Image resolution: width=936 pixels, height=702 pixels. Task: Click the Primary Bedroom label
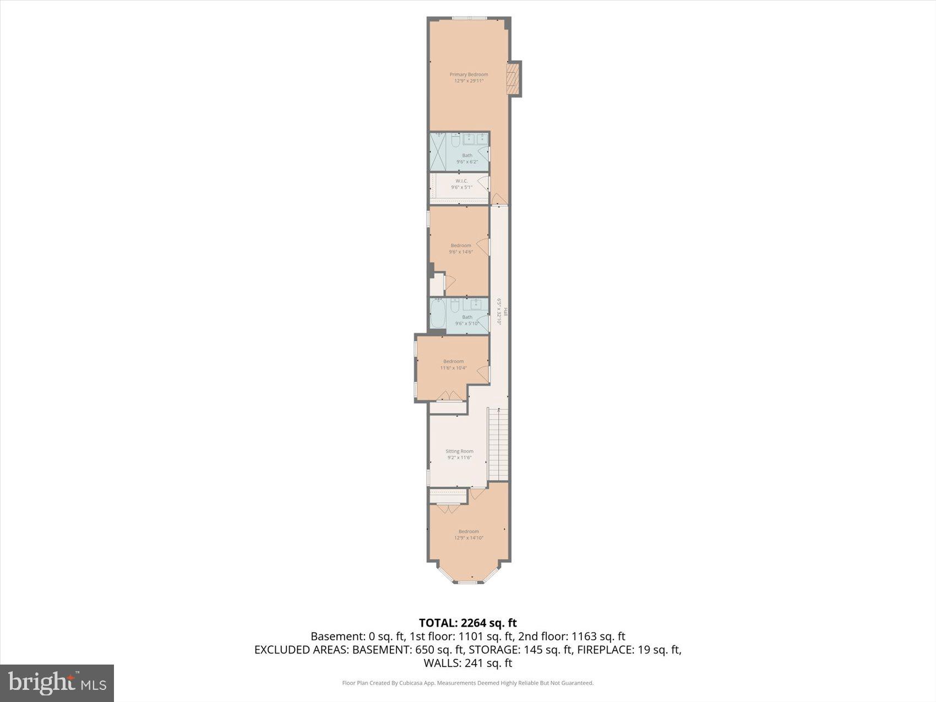click(x=469, y=74)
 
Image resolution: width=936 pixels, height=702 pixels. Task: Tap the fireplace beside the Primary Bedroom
click(x=513, y=78)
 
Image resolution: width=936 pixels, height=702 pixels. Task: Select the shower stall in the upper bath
click(x=438, y=151)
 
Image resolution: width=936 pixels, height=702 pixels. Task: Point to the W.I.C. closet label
click(x=461, y=181)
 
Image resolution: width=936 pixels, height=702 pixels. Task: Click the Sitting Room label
click(x=459, y=451)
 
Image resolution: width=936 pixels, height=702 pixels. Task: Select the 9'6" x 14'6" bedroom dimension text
click(x=461, y=252)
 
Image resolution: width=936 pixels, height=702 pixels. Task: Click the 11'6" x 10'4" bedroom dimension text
click(x=453, y=368)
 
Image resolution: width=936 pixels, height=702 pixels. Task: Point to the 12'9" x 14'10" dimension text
click(x=469, y=538)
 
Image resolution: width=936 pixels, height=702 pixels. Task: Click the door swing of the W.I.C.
click(x=485, y=184)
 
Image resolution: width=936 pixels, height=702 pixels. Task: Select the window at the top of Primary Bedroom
click(x=470, y=19)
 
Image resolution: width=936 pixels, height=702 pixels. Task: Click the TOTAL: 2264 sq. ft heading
click(x=467, y=623)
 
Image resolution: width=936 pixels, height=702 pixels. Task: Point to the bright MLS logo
click(x=57, y=683)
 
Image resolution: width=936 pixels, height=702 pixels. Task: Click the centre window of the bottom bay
click(x=467, y=582)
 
